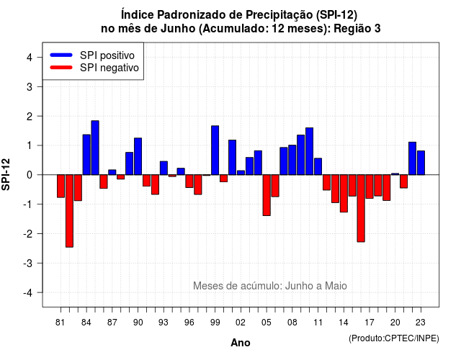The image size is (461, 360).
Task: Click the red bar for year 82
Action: pyautogui.click(x=69, y=211)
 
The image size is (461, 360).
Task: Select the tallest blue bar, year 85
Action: pyautogui.click(x=95, y=148)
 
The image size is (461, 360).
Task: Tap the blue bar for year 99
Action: pyautogui.click(x=215, y=150)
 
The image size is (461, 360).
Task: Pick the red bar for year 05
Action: pyautogui.click(x=267, y=195)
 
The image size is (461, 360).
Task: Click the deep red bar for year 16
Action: pyautogui.click(x=361, y=208)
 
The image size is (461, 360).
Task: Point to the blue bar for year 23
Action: pyautogui.click(x=421, y=163)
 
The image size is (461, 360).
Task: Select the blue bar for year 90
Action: pyautogui.click(x=138, y=156)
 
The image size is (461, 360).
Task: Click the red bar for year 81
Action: pyautogui.click(x=61, y=186)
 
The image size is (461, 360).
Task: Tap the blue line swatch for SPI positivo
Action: pyautogui.click(x=61, y=55)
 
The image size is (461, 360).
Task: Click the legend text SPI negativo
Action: pyautogui.click(x=109, y=68)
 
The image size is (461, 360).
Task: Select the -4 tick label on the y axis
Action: pyautogui.click(x=28, y=293)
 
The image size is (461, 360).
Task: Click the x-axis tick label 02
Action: pyautogui.click(x=241, y=323)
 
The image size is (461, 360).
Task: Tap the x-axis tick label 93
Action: pyautogui.click(x=164, y=323)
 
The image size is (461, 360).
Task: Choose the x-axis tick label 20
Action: pyautogui.click(x=395, y=323)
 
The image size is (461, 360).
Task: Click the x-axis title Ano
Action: pyautogui.click(x=241, y=343)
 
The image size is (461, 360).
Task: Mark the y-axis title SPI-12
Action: pyautogui.click(x=6, y=174)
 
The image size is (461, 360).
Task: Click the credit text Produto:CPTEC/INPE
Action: pyautogui.click(x=394, y=338)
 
